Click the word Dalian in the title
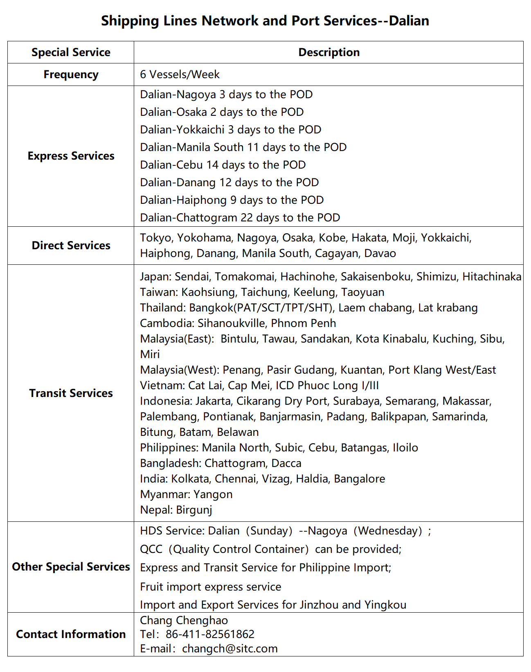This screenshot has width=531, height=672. (x=409, y=20)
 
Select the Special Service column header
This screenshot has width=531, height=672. (x=71, y=52)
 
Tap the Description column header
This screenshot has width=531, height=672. (x=329, y=52)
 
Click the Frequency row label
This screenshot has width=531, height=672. (x=71, y=74)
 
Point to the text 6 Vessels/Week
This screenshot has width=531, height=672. (x=180, y=74)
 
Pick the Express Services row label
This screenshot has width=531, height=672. (x=71, y=156)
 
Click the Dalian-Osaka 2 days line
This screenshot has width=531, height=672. (x=222, y=112)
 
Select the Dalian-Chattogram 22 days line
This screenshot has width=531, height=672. (x=240, y=218)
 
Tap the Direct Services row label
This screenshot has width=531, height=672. (x=71, y=246)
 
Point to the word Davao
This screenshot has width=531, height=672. (x=380, y=253)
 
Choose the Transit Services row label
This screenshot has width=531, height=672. (x=71, y=393)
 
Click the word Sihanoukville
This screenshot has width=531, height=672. (x=232, y=323)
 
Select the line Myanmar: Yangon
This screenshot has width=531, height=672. (x=186, y=494)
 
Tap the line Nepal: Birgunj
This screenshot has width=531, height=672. (x=176, y=510)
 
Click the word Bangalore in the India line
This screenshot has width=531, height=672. (x=359, y=479)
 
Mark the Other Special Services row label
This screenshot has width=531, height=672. (x=71, y=567)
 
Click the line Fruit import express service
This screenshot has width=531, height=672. (x=210, y=587)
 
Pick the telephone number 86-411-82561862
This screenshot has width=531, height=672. (x=210, y=634)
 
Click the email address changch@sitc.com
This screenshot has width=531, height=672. (x=229, y=649)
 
